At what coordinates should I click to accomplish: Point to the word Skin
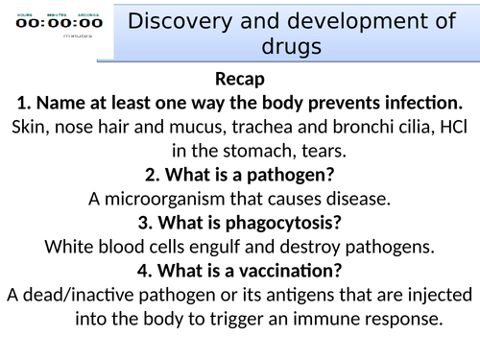[33, 126]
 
